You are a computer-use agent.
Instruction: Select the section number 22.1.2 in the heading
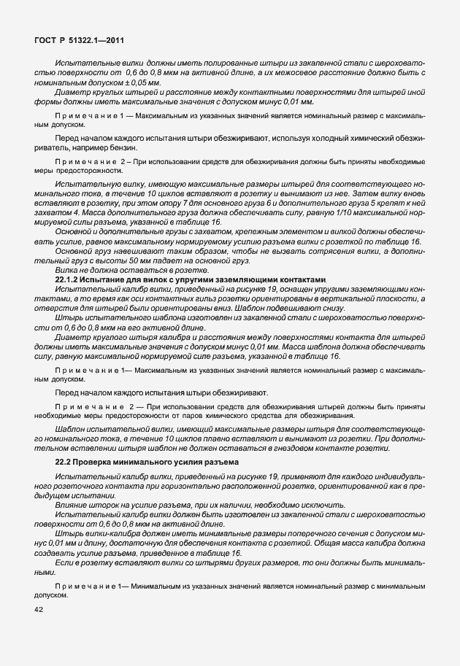71,279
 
